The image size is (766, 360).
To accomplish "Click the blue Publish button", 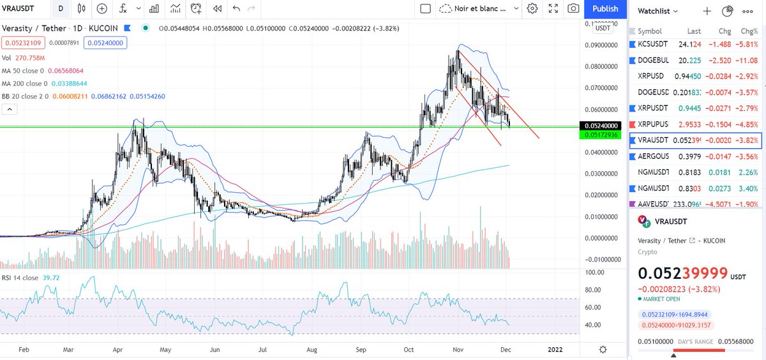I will tap(605, 9).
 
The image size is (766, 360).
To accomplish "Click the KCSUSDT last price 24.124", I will tap(693, 45).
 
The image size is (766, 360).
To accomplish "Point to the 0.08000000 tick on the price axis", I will tap(603, 66).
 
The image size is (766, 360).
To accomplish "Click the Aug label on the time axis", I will tap(312, 350).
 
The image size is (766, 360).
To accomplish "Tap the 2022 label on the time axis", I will tap(555, 350).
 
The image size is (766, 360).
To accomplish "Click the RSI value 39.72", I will tap(51, 278).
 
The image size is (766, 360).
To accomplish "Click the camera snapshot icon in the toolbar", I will tap(573, 9).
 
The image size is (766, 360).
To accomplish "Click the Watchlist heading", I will tap(657, 11).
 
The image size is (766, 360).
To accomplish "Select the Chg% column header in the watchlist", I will tap(747, 31).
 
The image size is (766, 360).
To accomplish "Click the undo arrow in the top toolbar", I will tap(236, 9).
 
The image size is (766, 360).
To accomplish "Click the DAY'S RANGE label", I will tap(695, 342).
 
